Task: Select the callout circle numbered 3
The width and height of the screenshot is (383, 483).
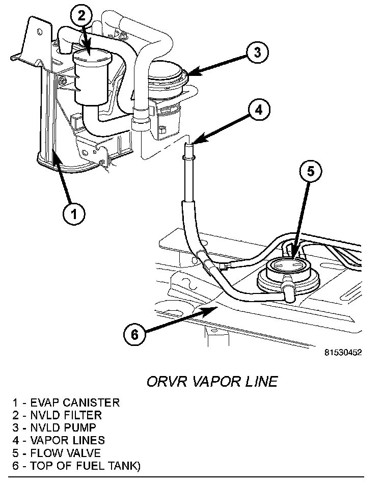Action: point(258,52)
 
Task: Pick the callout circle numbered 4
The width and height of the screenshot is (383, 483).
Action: point(259,109)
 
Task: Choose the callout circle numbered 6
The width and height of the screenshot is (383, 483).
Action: point(134,334)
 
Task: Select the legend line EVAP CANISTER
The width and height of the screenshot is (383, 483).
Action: point(67,403)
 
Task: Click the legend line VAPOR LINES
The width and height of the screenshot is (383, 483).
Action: point(59,440)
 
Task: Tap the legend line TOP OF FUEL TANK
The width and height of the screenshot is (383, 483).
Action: point(77,465)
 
